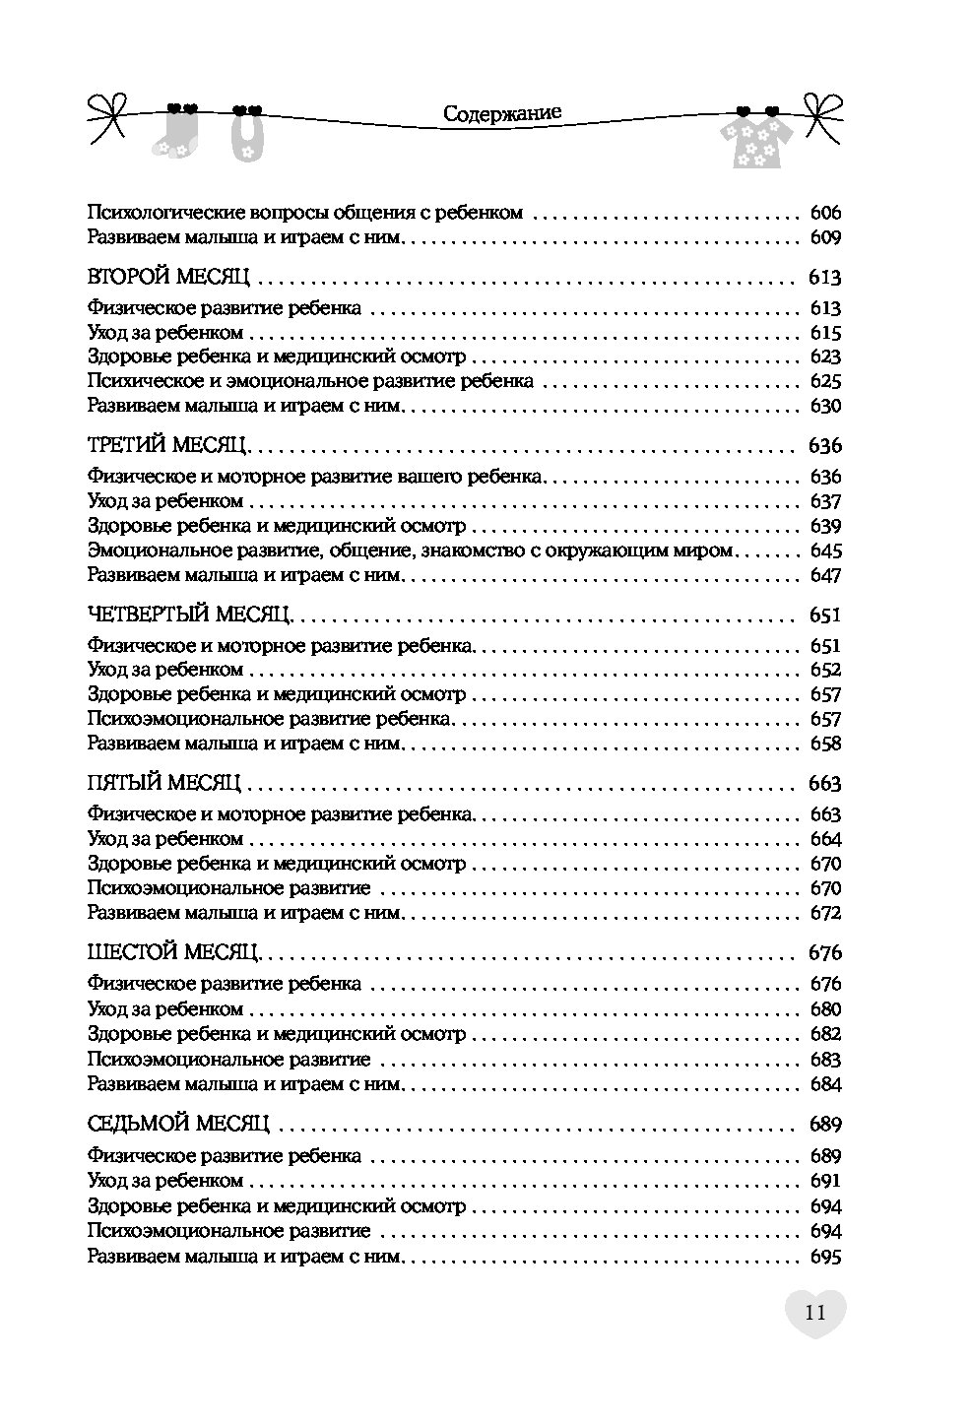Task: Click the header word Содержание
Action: point(502,113)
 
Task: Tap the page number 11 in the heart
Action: point(815,1313)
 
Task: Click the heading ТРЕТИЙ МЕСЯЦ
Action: point(166,445)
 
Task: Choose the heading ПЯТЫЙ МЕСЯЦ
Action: point(163,784)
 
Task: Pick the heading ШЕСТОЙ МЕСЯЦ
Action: point(172,953)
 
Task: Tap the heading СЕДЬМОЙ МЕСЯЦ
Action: point(178,1124)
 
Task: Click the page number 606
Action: point(824,213)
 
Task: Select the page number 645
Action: point(824,551)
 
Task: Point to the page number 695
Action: point(824,1257)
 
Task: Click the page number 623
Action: point(824,356)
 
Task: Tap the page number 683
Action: point(824,1060)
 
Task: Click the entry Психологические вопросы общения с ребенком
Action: point(304,213)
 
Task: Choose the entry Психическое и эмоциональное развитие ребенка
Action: point(310,381)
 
